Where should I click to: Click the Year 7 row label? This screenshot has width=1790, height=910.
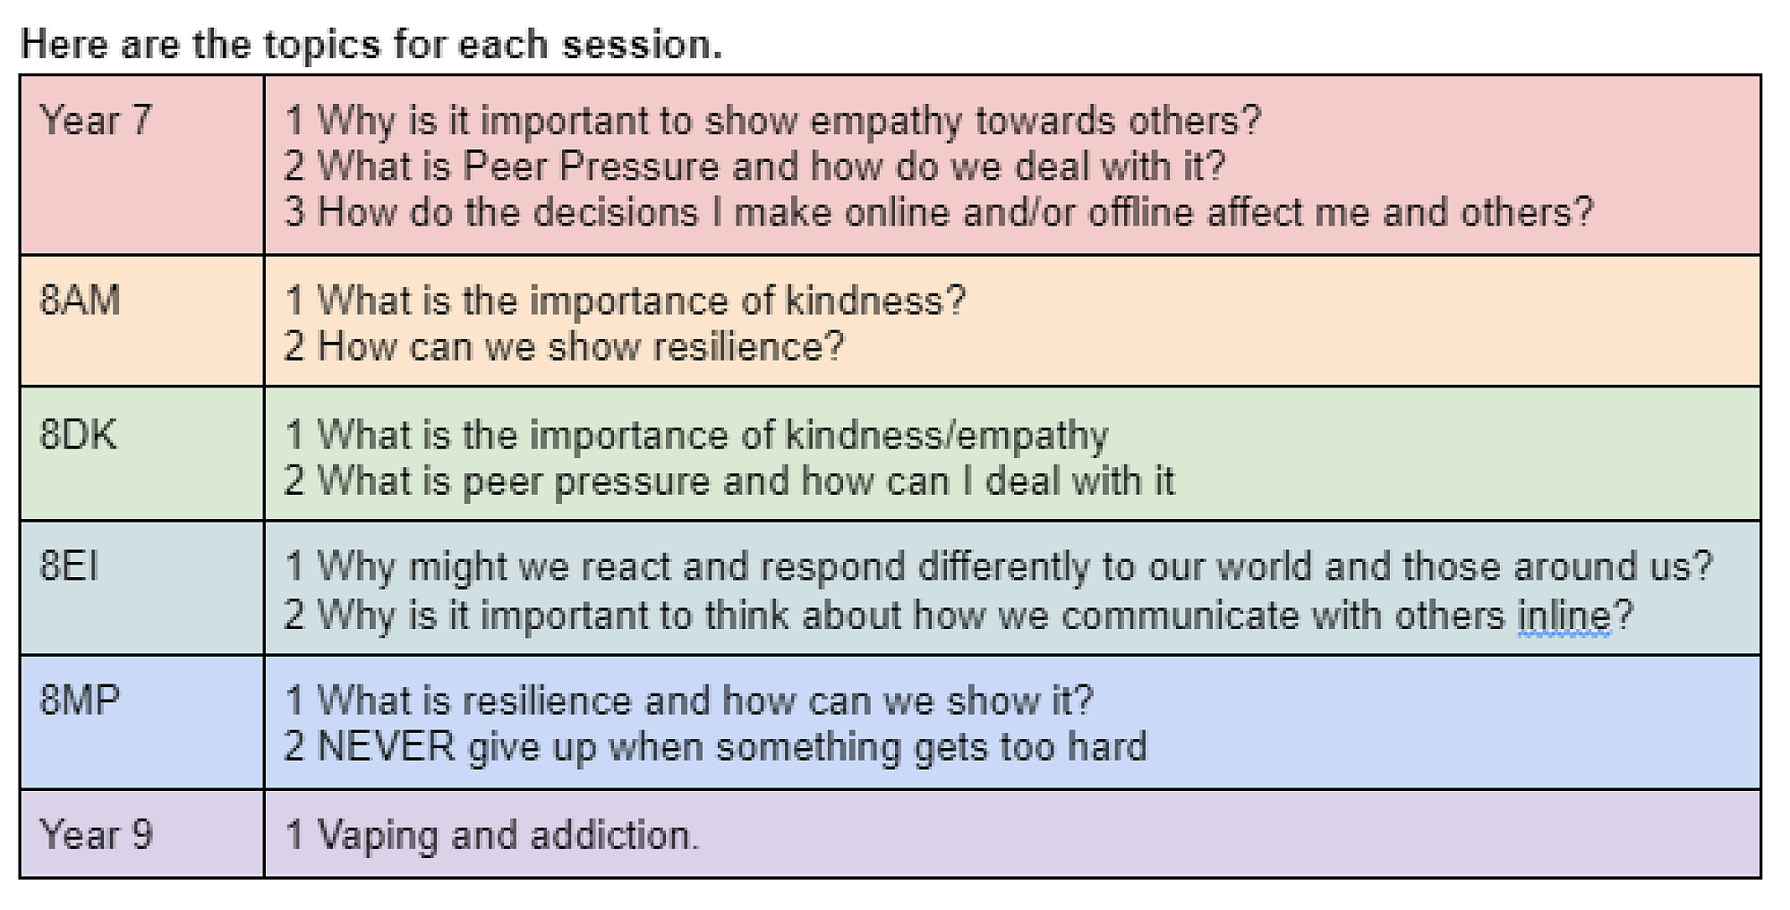[96, 120]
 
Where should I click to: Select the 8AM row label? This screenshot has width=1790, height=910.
[80, 301]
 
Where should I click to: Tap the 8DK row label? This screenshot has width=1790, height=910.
[78, 435]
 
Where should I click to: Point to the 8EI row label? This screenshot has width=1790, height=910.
[69, 566]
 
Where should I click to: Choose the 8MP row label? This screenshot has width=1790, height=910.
[80, 700]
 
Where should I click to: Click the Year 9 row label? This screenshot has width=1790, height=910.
[96, 835]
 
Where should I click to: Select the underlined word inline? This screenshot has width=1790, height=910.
[1564, 616]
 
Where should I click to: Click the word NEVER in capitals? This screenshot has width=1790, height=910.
[387, 746]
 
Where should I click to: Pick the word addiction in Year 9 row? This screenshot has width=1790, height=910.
[614, 835]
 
